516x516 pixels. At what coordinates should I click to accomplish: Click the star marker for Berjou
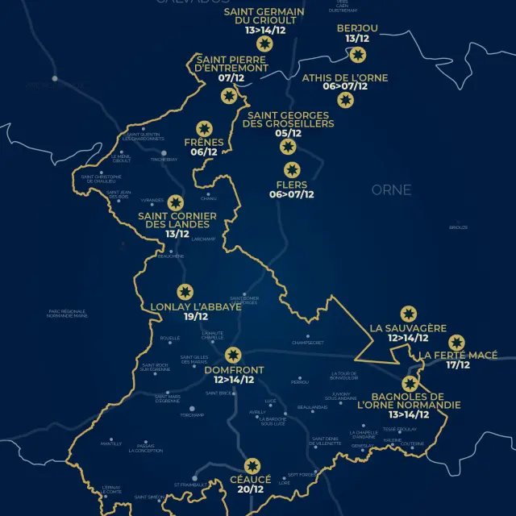pos(358,55)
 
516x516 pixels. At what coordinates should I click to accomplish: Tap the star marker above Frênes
pos(204,129)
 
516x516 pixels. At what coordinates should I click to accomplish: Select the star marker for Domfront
pos(233,355)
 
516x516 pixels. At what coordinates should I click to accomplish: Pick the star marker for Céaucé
pos(252,466)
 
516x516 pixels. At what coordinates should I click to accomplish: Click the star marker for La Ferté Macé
pos(457,342)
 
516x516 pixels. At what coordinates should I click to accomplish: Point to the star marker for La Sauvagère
pos(408,314)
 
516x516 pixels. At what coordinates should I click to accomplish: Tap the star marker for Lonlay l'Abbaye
pos(185,292)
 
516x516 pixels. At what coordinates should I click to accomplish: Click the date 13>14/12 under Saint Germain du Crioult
pos(265,30)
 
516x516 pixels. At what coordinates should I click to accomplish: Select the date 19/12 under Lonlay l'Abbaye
pos(196,317)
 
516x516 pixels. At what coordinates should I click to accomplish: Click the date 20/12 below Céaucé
pos(252,489)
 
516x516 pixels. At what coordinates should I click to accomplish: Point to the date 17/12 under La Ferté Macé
pos(458,365)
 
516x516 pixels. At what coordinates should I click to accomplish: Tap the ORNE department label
pos(391,190)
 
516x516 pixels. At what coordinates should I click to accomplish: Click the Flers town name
pos(291,185)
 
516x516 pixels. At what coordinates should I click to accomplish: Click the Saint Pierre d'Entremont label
pos(231,64)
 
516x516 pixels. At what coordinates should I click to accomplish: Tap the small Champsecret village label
pos(307,343)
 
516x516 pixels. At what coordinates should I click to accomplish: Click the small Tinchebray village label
pos(164,160)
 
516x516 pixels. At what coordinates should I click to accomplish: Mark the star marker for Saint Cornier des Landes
pos(175,203)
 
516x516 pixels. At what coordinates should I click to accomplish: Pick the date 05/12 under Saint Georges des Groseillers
pos(288,134)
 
